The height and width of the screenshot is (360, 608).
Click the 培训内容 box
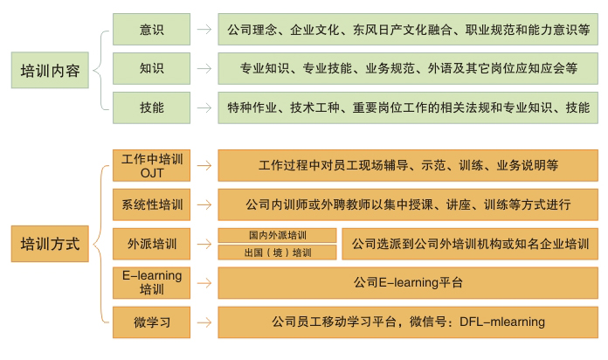(51, 71)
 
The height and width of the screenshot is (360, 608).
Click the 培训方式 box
(51, 244)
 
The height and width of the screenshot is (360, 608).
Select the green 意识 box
(151, 29)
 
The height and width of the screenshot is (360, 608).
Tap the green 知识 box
(151, 68)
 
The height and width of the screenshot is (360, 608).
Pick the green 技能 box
(151, 107)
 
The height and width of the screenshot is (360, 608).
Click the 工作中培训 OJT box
(152, 165)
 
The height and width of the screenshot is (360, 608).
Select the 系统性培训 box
(152, 205)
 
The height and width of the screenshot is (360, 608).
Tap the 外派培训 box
(152, 244)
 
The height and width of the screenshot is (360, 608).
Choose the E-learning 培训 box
(152, 282)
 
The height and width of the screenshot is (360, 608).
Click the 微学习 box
(152, 322)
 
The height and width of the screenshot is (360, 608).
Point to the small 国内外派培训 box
(277, 235)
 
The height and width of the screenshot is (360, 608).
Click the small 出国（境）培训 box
(277, 253)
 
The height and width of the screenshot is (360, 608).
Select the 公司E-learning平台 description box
(408, 282)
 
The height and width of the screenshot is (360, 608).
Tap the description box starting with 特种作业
(408, 107)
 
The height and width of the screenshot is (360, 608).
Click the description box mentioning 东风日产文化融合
(408, 29)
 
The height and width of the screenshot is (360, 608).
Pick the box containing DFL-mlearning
(408, 322)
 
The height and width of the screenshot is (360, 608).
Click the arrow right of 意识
(204, 29)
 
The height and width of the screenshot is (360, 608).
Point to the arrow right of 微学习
(204, 322)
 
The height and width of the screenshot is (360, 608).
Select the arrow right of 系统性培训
(204, 205)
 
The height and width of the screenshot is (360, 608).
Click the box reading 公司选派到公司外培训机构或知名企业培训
(470, 244)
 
